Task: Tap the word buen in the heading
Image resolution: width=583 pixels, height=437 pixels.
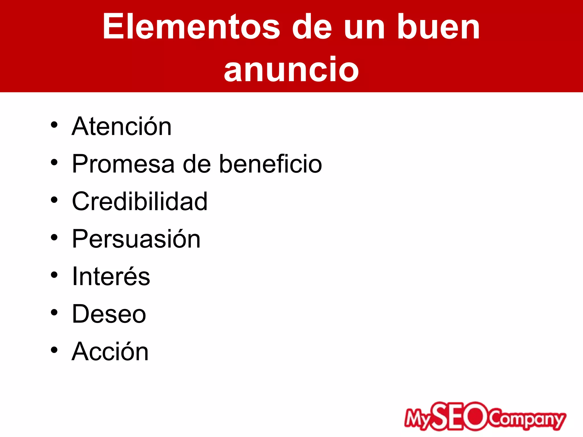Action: click(439, 27)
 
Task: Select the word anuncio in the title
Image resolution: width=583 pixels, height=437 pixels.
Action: click(291, 69)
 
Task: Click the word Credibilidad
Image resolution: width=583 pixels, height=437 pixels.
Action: click(140, 201)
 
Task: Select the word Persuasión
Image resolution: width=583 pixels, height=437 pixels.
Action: click(136, 239)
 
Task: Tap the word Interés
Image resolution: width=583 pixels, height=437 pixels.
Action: click(111, 276)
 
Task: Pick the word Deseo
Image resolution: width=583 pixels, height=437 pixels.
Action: click(109, 314)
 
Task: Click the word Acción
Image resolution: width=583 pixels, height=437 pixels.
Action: click(110, 352)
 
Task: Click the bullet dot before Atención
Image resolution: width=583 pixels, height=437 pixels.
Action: click(54, 125)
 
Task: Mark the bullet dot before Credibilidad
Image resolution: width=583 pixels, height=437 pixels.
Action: click(54, 200)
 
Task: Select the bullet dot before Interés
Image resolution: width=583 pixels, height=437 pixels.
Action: click(54, 275)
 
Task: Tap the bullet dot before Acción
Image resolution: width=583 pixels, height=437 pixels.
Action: click(54, 350)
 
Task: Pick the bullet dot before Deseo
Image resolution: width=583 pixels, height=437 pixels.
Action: click(54, 312)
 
